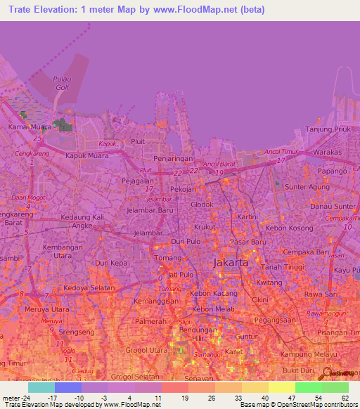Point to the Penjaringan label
[173, 160]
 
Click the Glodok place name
[202, 204]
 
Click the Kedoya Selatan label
[88, 289]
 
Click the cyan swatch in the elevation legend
[41, 387]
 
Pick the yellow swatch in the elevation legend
[282, 387]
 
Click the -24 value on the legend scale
[27, 398]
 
